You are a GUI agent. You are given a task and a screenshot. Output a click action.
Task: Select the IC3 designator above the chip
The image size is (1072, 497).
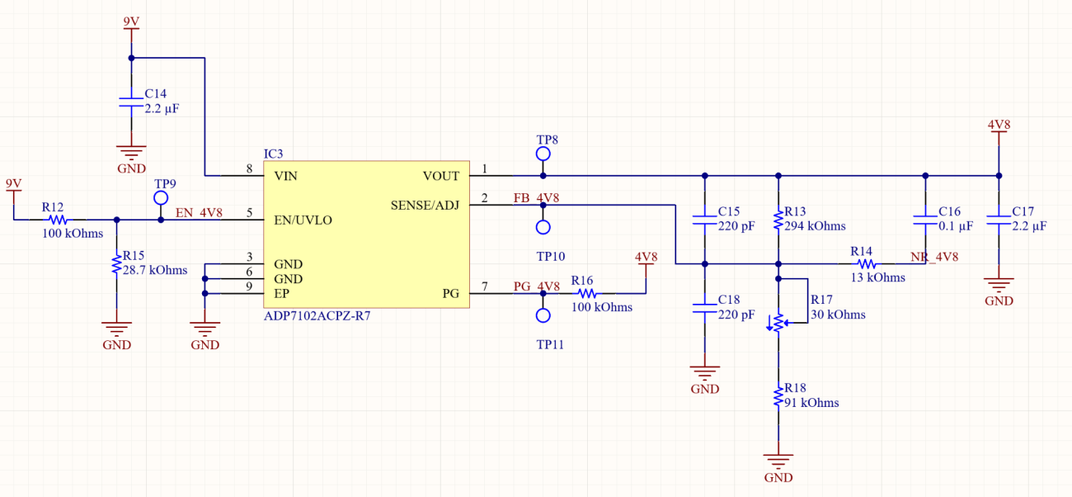[273, 154]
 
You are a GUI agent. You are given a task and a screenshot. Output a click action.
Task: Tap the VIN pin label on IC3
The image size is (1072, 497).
[285, 176]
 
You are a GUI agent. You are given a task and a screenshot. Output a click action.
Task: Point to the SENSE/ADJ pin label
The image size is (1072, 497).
[424, 205]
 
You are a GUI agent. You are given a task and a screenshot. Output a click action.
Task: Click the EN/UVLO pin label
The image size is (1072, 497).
[303, 220]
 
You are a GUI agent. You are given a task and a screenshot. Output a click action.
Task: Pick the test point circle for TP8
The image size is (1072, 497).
[543, 154]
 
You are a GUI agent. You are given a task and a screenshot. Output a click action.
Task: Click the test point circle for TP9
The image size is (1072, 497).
[161, 198]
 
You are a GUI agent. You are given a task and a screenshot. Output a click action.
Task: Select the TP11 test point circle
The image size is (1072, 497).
[543, 315]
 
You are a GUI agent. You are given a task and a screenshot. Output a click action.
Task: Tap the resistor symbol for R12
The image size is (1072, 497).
[56, 220]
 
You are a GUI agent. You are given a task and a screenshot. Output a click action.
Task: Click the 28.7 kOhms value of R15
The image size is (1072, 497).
[154, 270]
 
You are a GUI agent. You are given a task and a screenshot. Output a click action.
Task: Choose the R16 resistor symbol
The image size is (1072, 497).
[585, 293]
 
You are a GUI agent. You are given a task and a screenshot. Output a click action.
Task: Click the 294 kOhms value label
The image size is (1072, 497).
[815, 225]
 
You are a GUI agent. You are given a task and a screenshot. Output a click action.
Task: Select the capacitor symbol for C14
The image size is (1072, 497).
[131, 102]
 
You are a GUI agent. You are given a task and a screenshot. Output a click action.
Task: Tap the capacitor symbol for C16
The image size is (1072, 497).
[925, 220]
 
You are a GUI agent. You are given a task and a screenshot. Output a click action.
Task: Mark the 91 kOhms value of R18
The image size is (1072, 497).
[811, 403]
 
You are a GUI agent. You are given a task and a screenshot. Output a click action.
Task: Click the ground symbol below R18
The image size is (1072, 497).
[778, 459]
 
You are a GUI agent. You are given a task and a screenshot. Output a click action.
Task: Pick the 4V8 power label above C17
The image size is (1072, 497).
[999, 125]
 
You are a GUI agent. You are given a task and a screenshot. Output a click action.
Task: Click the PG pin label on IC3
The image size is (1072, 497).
[450, 293]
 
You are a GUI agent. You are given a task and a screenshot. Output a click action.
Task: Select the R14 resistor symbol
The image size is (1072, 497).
[865, 264]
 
